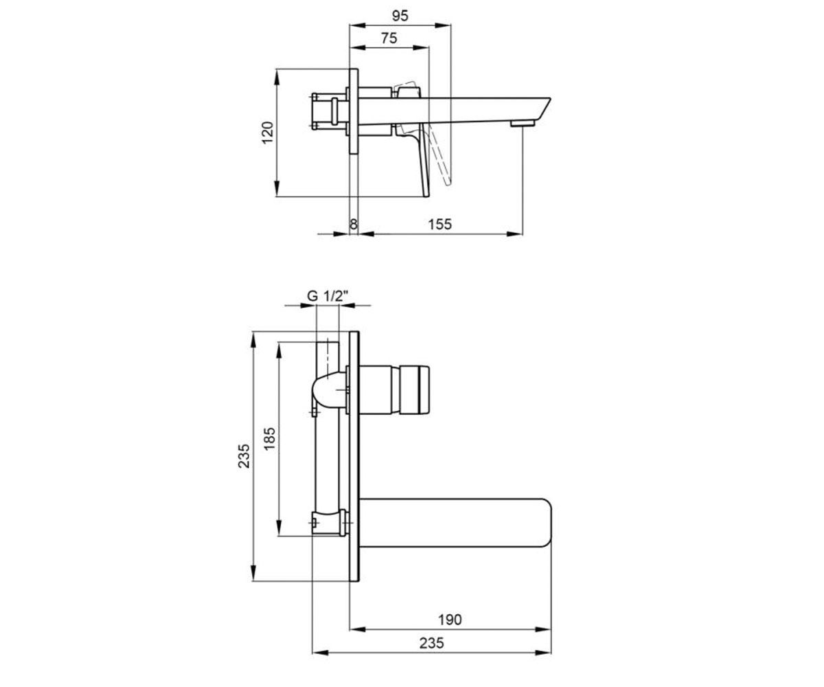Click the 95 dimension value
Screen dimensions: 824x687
(400, 16)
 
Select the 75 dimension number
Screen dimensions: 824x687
(389, 38)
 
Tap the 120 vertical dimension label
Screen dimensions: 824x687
(268, 133)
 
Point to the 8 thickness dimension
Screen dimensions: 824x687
(354, 224)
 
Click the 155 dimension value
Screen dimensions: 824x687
(439, 224)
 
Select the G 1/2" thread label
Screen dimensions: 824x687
(328, 295)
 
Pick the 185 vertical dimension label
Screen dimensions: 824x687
(269, 439)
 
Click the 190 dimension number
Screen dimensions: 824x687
(450, 620)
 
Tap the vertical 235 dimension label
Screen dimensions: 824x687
(244, 456)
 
